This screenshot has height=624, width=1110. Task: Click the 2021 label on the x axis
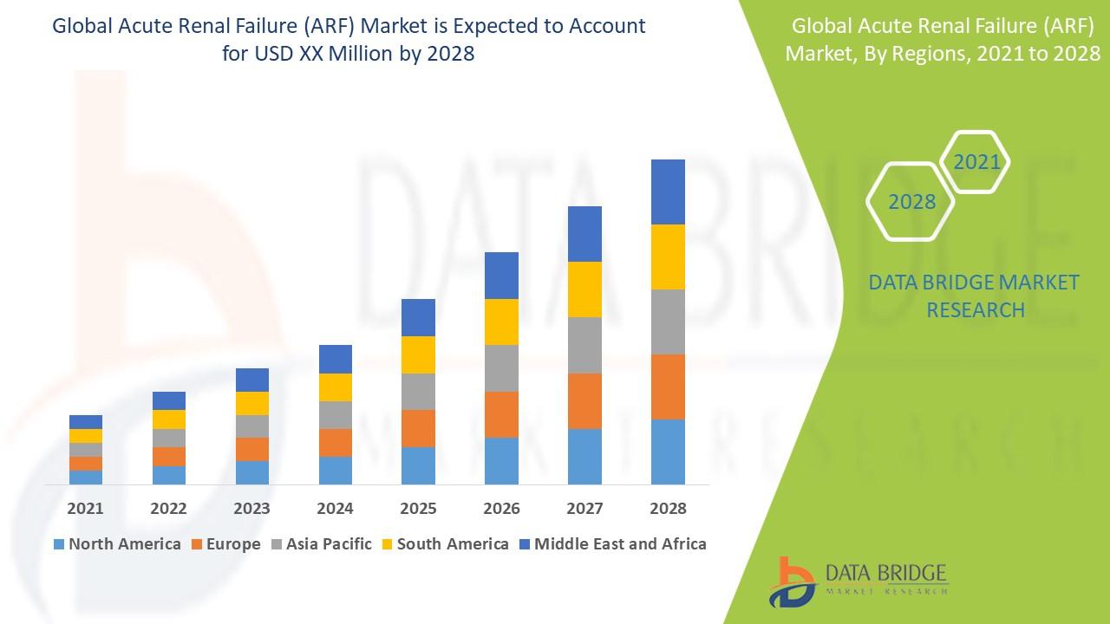[86, 508]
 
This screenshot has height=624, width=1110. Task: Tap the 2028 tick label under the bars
[668, 508]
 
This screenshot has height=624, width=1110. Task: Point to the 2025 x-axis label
[418, 508]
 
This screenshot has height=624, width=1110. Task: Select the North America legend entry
[116, 544]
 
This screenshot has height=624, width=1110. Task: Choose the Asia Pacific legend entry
[322, 544]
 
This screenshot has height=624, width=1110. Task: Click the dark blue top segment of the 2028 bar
[668, 192]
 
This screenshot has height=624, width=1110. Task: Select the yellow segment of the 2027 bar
[584, 289]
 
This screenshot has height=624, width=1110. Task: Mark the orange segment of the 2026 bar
[501, 414]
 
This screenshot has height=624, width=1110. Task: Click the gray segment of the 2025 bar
[418, 392]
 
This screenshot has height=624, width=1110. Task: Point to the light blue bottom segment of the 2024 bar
[336, 470]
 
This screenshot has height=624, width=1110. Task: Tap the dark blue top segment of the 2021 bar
[86, 422]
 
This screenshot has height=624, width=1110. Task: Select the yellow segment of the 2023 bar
[252, 403]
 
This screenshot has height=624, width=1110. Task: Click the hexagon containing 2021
[976, 162]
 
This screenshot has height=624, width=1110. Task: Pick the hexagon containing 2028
[911, 201]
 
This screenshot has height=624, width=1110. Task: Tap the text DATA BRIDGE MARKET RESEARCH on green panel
[975, 296]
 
